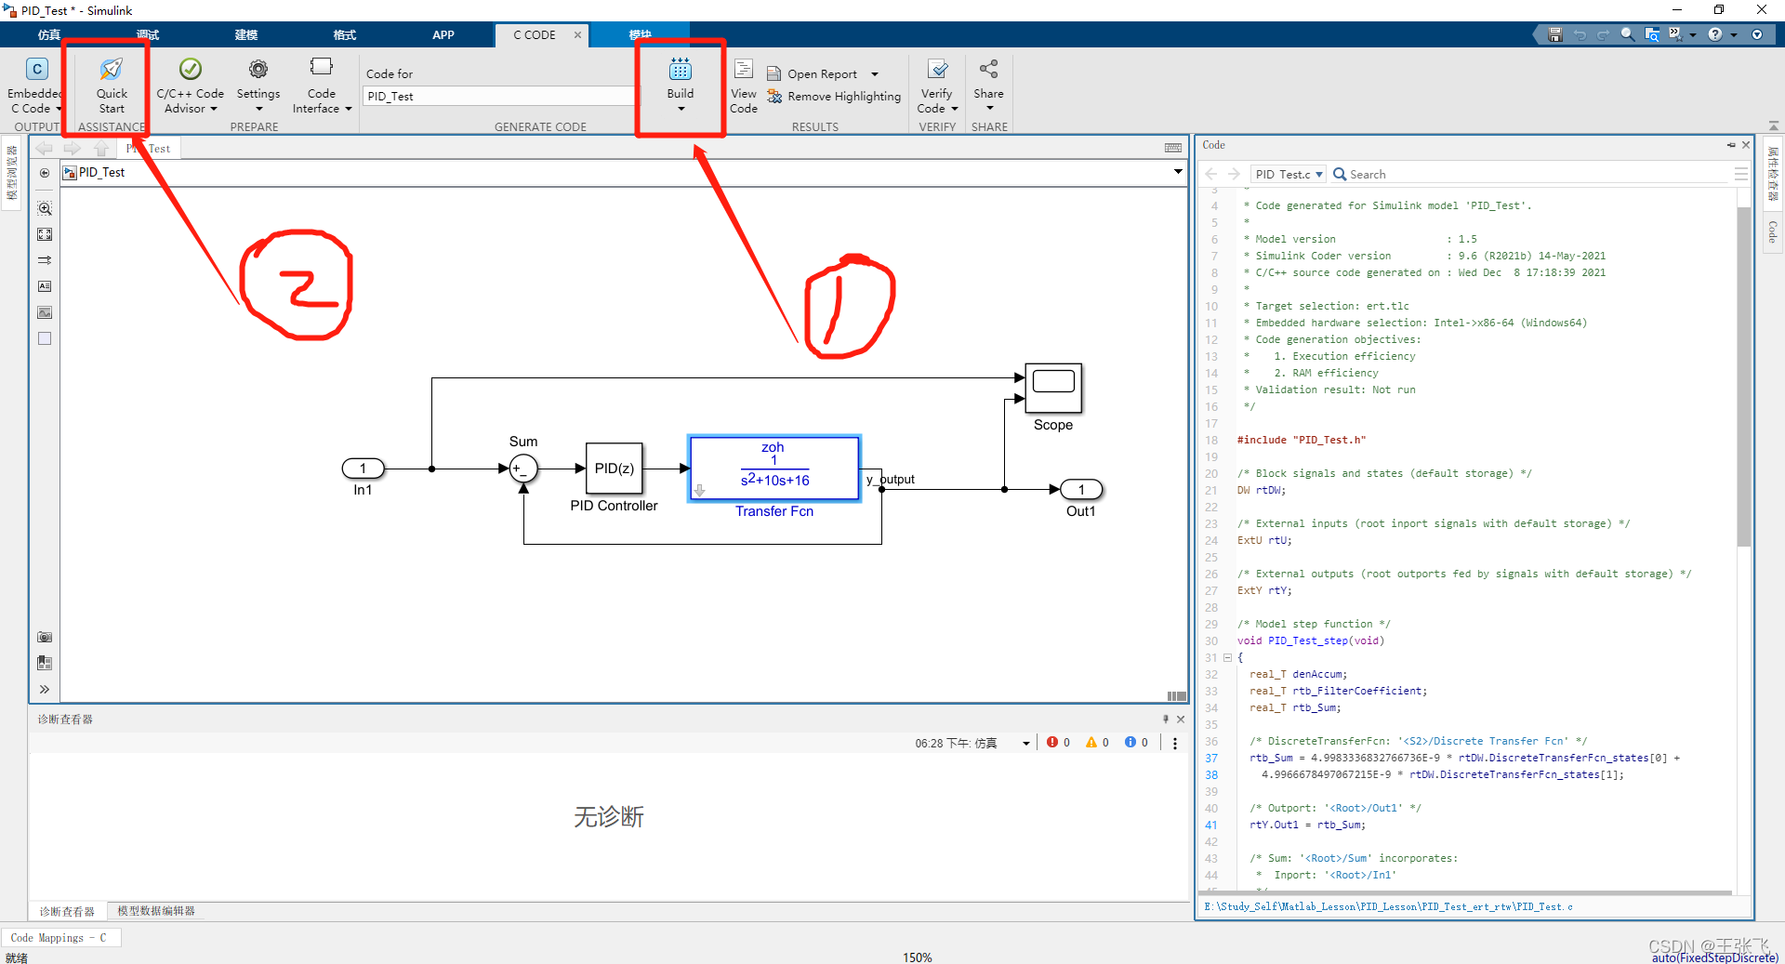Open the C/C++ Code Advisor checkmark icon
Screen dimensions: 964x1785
pos(191,70)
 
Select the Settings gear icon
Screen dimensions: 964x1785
pos(258,70)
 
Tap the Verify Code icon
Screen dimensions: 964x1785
pos(938,70)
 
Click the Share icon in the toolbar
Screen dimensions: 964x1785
pos(988,70)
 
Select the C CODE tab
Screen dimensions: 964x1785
pos(535,35)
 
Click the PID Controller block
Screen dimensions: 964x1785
pos(614,469)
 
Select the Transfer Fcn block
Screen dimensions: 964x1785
pos(773,469)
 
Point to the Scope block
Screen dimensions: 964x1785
pos(1053,388)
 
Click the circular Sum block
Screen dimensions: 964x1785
pos(523,469)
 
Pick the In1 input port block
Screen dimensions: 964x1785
pos(363,469)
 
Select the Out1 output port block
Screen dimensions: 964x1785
pos(1080,489)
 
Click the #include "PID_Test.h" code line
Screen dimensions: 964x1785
pos(1302,441)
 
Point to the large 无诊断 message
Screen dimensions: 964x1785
pos(609,817)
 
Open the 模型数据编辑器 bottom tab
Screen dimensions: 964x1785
pos(156,911)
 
